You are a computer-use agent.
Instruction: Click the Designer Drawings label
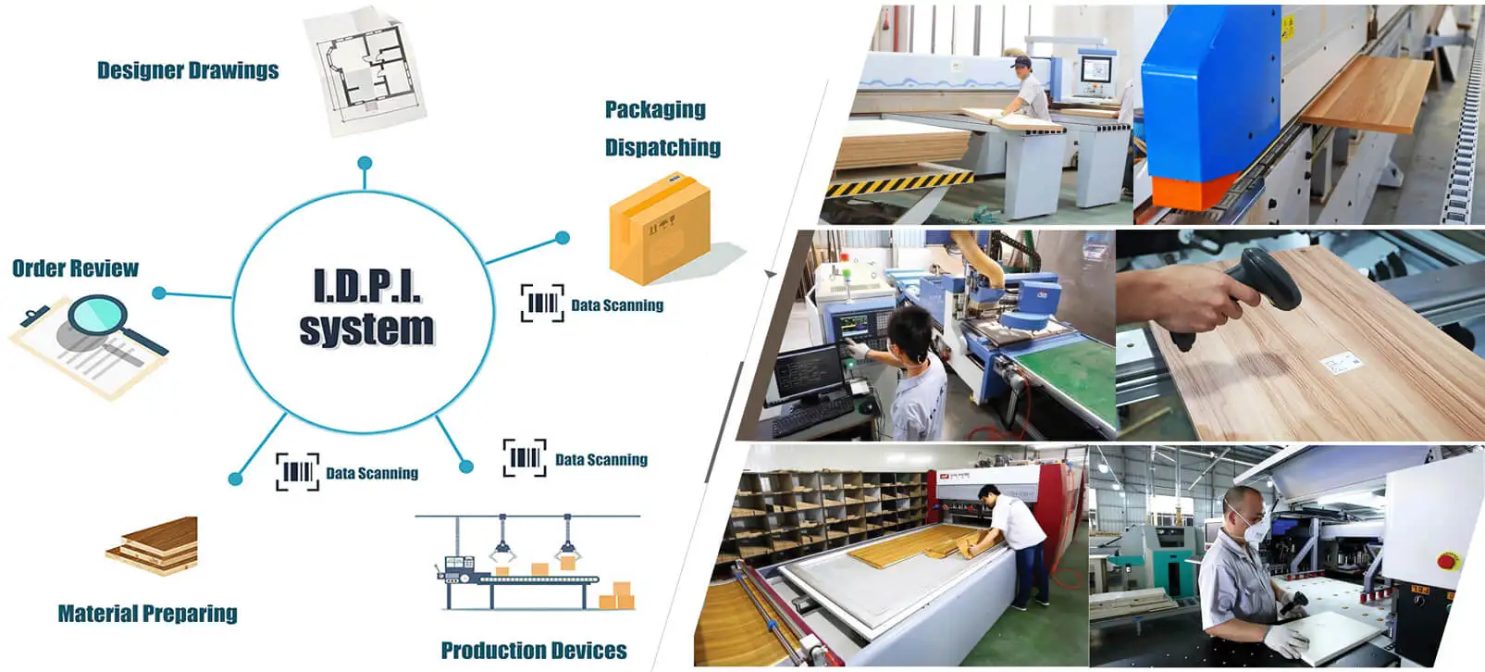coord(188,70)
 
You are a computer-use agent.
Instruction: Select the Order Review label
coord(75,268)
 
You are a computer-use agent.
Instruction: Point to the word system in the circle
coord(366,329)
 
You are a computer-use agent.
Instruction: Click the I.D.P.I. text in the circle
coord(367,286)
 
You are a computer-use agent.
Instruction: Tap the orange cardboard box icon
coord(660,230)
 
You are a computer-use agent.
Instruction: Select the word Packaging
coord(655,109)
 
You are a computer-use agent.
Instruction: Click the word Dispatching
coord(662,147)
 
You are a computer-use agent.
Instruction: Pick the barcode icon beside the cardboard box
coord(542,304)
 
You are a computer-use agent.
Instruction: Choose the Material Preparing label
coord(147,614)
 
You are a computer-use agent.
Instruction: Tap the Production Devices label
coord(534,651)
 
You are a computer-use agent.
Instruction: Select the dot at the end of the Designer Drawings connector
coord(365,163)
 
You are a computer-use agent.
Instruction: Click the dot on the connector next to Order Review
coord(159,293)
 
